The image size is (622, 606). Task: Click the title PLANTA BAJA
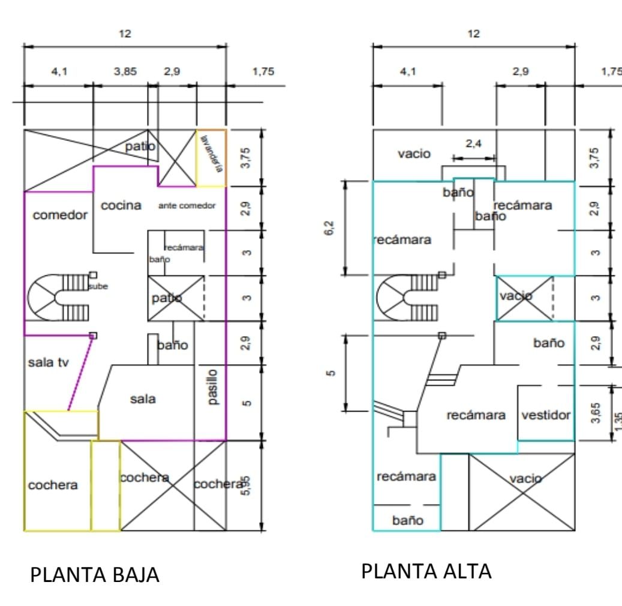95,574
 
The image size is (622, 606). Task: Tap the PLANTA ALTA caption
426,571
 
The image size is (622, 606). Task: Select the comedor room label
60,215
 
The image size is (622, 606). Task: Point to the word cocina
121,205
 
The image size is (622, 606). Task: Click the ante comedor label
187,206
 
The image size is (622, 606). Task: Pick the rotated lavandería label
211,154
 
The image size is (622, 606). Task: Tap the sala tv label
49,362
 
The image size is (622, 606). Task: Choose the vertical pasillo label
212,387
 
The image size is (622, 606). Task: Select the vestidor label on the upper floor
546,415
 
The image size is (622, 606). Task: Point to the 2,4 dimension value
474,143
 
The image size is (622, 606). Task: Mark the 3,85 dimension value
125,71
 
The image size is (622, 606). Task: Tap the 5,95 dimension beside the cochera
246,486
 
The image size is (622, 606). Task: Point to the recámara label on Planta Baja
184,247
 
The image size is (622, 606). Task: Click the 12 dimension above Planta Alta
474,34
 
